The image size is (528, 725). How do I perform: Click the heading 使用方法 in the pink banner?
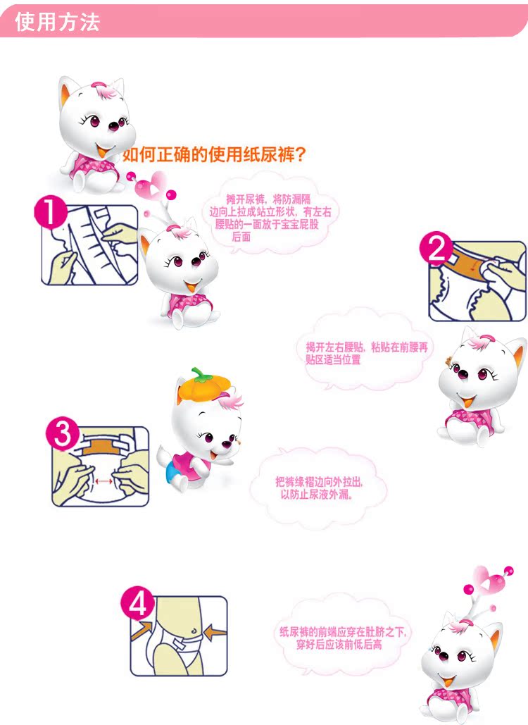[x=57, y=22]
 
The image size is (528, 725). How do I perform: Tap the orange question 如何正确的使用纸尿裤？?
[x=214, y=154]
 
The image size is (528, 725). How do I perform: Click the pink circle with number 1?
[x=51, y=212]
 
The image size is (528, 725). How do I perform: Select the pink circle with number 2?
[x=436, y=248]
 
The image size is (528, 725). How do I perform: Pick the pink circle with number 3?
[x=62, y=434]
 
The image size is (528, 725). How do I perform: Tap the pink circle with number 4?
[x=137, y=603]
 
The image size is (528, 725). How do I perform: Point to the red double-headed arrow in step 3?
[x=103, y=481]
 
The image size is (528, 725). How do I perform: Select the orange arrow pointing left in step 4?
[x=215, y=631]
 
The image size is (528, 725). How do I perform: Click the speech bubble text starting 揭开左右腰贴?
[x=367, y=353]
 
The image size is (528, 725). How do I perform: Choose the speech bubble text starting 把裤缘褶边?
[x=319, y=488]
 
